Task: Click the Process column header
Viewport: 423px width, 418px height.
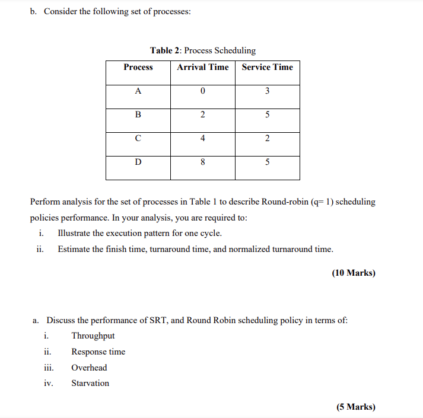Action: (138, 68)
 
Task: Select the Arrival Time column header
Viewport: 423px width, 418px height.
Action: (202, 68)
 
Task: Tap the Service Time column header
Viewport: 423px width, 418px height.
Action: (267, 68)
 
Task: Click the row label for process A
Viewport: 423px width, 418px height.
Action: (138, 91)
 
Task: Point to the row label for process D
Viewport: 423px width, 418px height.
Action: (138, 162)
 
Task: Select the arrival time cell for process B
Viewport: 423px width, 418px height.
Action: (202, 115)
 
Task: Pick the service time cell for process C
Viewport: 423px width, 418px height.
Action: (267, 139)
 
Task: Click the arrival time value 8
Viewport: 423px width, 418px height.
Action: (202, 162)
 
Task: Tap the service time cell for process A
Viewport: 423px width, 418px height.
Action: (267, 91)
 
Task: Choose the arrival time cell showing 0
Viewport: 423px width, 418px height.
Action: (202, 91)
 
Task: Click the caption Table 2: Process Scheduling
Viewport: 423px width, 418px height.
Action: (203, 51)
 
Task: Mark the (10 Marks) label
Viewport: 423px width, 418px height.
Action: (354, 273)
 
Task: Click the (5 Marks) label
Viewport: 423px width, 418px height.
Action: (356, 407)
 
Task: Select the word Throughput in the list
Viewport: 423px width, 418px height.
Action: (93, 336)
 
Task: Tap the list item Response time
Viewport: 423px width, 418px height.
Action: (98, 352)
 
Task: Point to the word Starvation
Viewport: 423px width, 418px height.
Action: (90, 384)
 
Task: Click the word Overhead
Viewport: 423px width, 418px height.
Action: (89, 368)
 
